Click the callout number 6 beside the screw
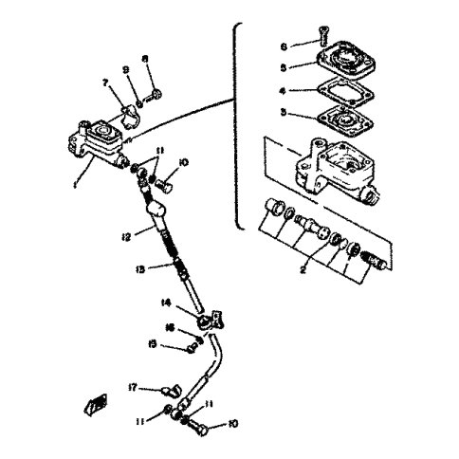pos(283,46)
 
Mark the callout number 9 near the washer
pos(124,70)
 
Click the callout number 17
pos(136,385)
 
